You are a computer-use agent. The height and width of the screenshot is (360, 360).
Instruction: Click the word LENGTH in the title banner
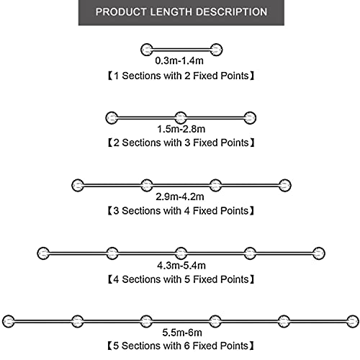171,12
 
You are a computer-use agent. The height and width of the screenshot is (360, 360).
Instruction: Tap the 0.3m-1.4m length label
179,60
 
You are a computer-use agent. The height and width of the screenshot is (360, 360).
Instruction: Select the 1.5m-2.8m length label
181,129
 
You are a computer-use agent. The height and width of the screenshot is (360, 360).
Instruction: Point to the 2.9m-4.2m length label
180,197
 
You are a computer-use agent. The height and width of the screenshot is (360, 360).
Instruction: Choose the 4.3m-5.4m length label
181,266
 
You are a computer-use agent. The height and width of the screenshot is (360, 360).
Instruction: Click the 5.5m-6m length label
182,333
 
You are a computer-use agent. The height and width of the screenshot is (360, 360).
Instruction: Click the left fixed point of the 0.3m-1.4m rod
147,50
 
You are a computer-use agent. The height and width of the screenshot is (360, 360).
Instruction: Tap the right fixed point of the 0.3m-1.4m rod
216,50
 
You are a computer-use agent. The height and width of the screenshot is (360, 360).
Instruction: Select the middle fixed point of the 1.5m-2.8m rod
181,118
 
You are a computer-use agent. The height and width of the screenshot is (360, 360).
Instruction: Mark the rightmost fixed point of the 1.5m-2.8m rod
250,118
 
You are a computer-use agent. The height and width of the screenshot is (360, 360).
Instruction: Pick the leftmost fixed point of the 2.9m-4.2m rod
78,185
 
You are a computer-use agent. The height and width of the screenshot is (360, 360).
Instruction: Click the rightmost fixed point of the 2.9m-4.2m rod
285,185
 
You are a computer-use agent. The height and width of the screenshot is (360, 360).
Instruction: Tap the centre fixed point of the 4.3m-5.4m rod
181,253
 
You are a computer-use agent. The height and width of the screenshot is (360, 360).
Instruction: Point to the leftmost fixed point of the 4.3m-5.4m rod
43,253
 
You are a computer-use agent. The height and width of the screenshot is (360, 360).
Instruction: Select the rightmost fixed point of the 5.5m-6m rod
353,321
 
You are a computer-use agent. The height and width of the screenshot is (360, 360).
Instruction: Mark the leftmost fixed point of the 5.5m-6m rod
9,321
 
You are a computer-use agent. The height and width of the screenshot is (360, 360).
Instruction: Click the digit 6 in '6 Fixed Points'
187,346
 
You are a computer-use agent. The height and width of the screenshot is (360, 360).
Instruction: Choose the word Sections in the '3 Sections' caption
141,211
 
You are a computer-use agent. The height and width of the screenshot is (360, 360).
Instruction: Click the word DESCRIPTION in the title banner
232,12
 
